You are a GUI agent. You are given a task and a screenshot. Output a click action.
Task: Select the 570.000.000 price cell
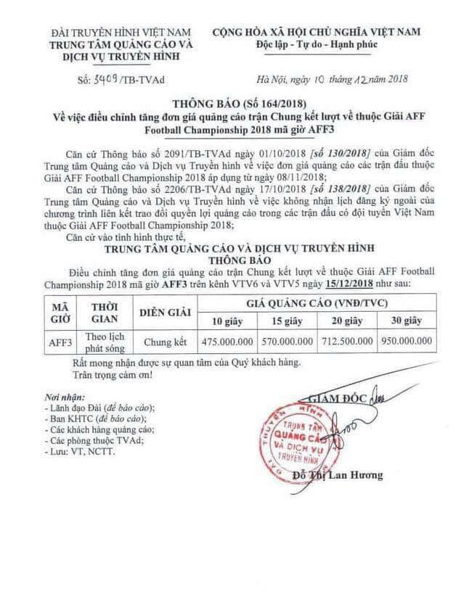pos(290,339)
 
